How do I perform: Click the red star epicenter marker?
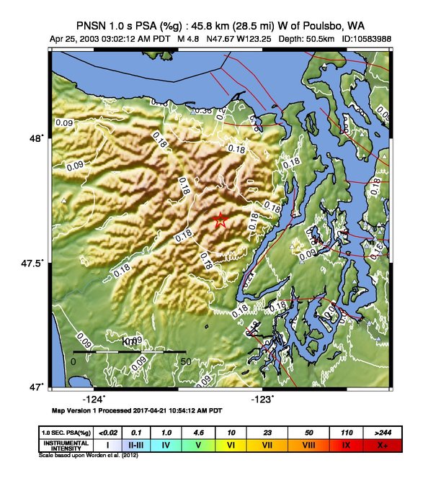coord(220,221)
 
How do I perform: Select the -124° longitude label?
coord(94,399)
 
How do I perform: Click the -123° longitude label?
coord(262,399)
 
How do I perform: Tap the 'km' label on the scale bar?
coord(130,341)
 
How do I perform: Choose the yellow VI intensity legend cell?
coord(231,446)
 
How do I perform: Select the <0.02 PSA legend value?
coord(107,432)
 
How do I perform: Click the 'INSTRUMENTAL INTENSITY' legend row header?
coord(66,446)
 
